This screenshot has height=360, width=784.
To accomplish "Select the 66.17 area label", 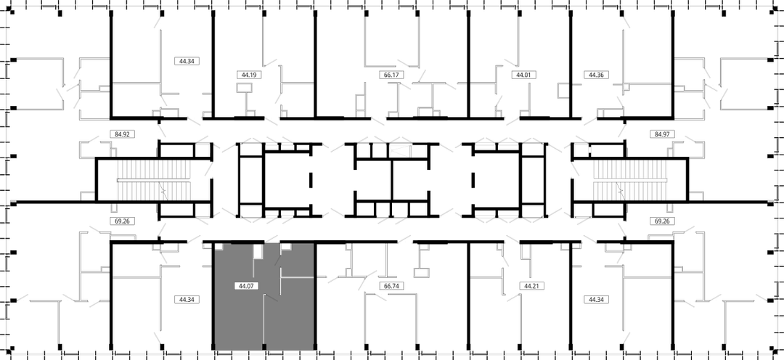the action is tap(391, 75).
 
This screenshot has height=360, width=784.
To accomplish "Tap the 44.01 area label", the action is tap(523, 75).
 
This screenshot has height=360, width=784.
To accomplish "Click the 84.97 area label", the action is tap(663, 134).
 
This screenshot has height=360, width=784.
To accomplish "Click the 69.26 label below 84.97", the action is tap(663, 220).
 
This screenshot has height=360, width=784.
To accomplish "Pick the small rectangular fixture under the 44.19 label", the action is tap(244, 88).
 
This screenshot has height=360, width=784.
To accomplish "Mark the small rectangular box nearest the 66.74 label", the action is tap(422, 272).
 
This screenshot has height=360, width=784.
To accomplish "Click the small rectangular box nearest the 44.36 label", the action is tap(563, 89).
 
